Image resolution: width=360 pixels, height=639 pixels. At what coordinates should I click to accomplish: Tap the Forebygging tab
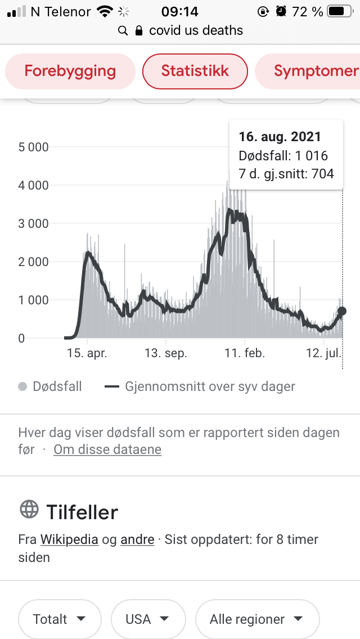point(70,71)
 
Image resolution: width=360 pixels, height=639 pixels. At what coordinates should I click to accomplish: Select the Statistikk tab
point(195,71)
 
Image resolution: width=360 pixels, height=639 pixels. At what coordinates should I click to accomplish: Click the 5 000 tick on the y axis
point(34,147)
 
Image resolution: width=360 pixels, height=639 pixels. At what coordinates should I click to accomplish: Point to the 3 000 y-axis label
point(34,224)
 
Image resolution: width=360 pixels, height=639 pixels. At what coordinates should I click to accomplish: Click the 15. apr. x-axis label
point(87,354)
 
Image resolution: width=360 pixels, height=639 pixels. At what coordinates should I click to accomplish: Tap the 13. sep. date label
point(165,354)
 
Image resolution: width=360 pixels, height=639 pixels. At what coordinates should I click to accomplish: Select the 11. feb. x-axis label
point(244,354)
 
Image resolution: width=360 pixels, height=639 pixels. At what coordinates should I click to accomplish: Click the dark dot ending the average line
point(341,311)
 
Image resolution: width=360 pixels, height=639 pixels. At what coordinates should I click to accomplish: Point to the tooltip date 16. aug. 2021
point(280,137)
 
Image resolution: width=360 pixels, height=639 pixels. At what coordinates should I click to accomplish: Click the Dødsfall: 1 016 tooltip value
point(283,156)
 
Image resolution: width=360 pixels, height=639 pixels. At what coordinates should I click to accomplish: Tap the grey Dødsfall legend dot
point(22,387)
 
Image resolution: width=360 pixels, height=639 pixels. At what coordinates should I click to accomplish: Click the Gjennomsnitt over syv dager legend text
point(210,387)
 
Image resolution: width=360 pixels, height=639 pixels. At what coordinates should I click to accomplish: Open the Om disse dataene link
point(107,449)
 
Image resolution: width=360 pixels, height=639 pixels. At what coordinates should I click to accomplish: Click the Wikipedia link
point(69,539)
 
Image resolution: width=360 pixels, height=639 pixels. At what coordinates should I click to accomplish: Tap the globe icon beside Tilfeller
point(29,510)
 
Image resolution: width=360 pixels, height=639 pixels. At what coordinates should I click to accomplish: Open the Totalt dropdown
point(60,619)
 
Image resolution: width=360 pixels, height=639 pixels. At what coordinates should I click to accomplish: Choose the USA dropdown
point(148,619)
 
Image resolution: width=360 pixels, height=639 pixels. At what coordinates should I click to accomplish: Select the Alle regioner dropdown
point(257,619)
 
